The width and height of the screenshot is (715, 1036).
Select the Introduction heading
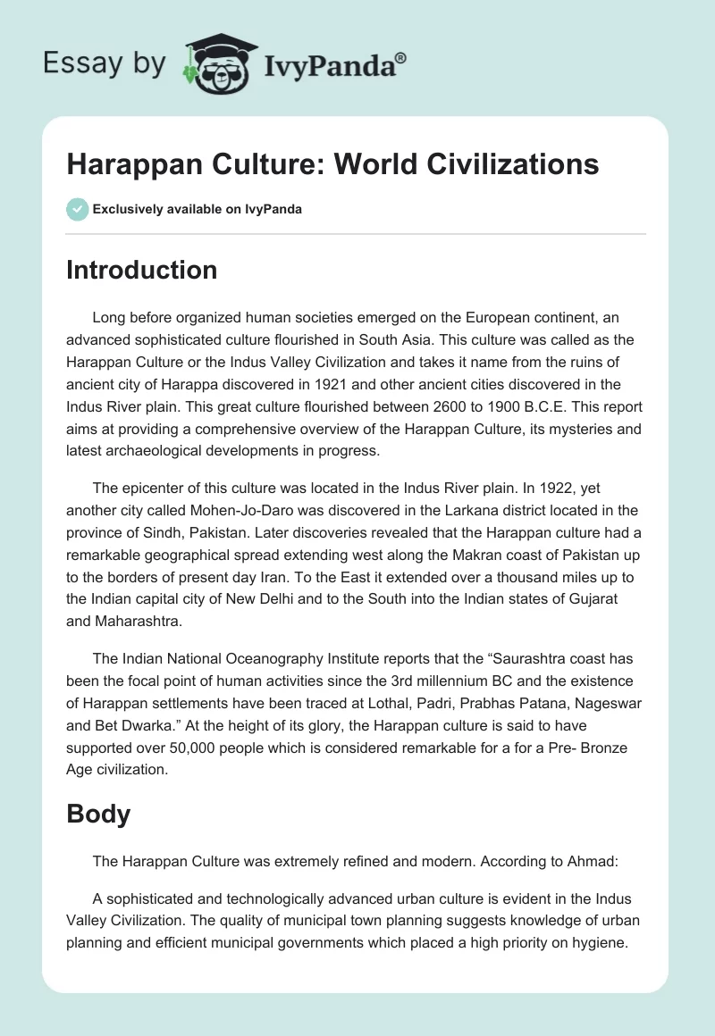(x=141, y=270)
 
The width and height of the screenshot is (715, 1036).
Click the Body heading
(x=98, y=814)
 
